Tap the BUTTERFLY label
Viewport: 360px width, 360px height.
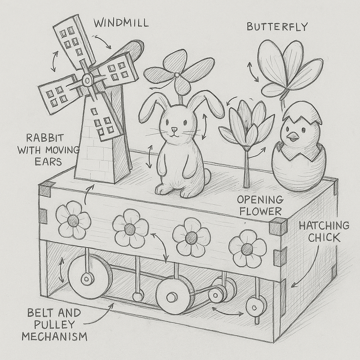pyautogui.click(x=277, y=27)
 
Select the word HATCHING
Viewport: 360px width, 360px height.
pyautogui.click(x=324, y=226)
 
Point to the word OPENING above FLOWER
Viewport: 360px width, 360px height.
pyautogui.click(x=260, y=199)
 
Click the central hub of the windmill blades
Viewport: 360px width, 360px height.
pyautogui.click(x=87, y=80)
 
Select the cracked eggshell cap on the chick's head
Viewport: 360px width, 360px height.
pyautogui.click(x=302, y=112)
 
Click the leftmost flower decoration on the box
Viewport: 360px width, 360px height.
pyautogui.click(x=73, y=220)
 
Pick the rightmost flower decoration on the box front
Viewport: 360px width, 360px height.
pyautogui.click(x=247, y=249)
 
